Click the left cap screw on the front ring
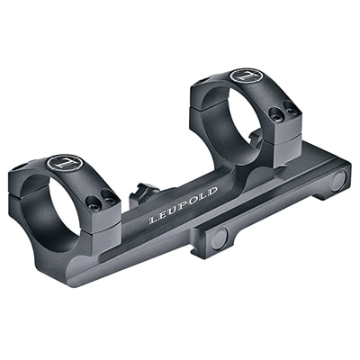pyautogui.click(x=92, y=192)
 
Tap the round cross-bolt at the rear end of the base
pyautogui.click(x=337, y=179)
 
